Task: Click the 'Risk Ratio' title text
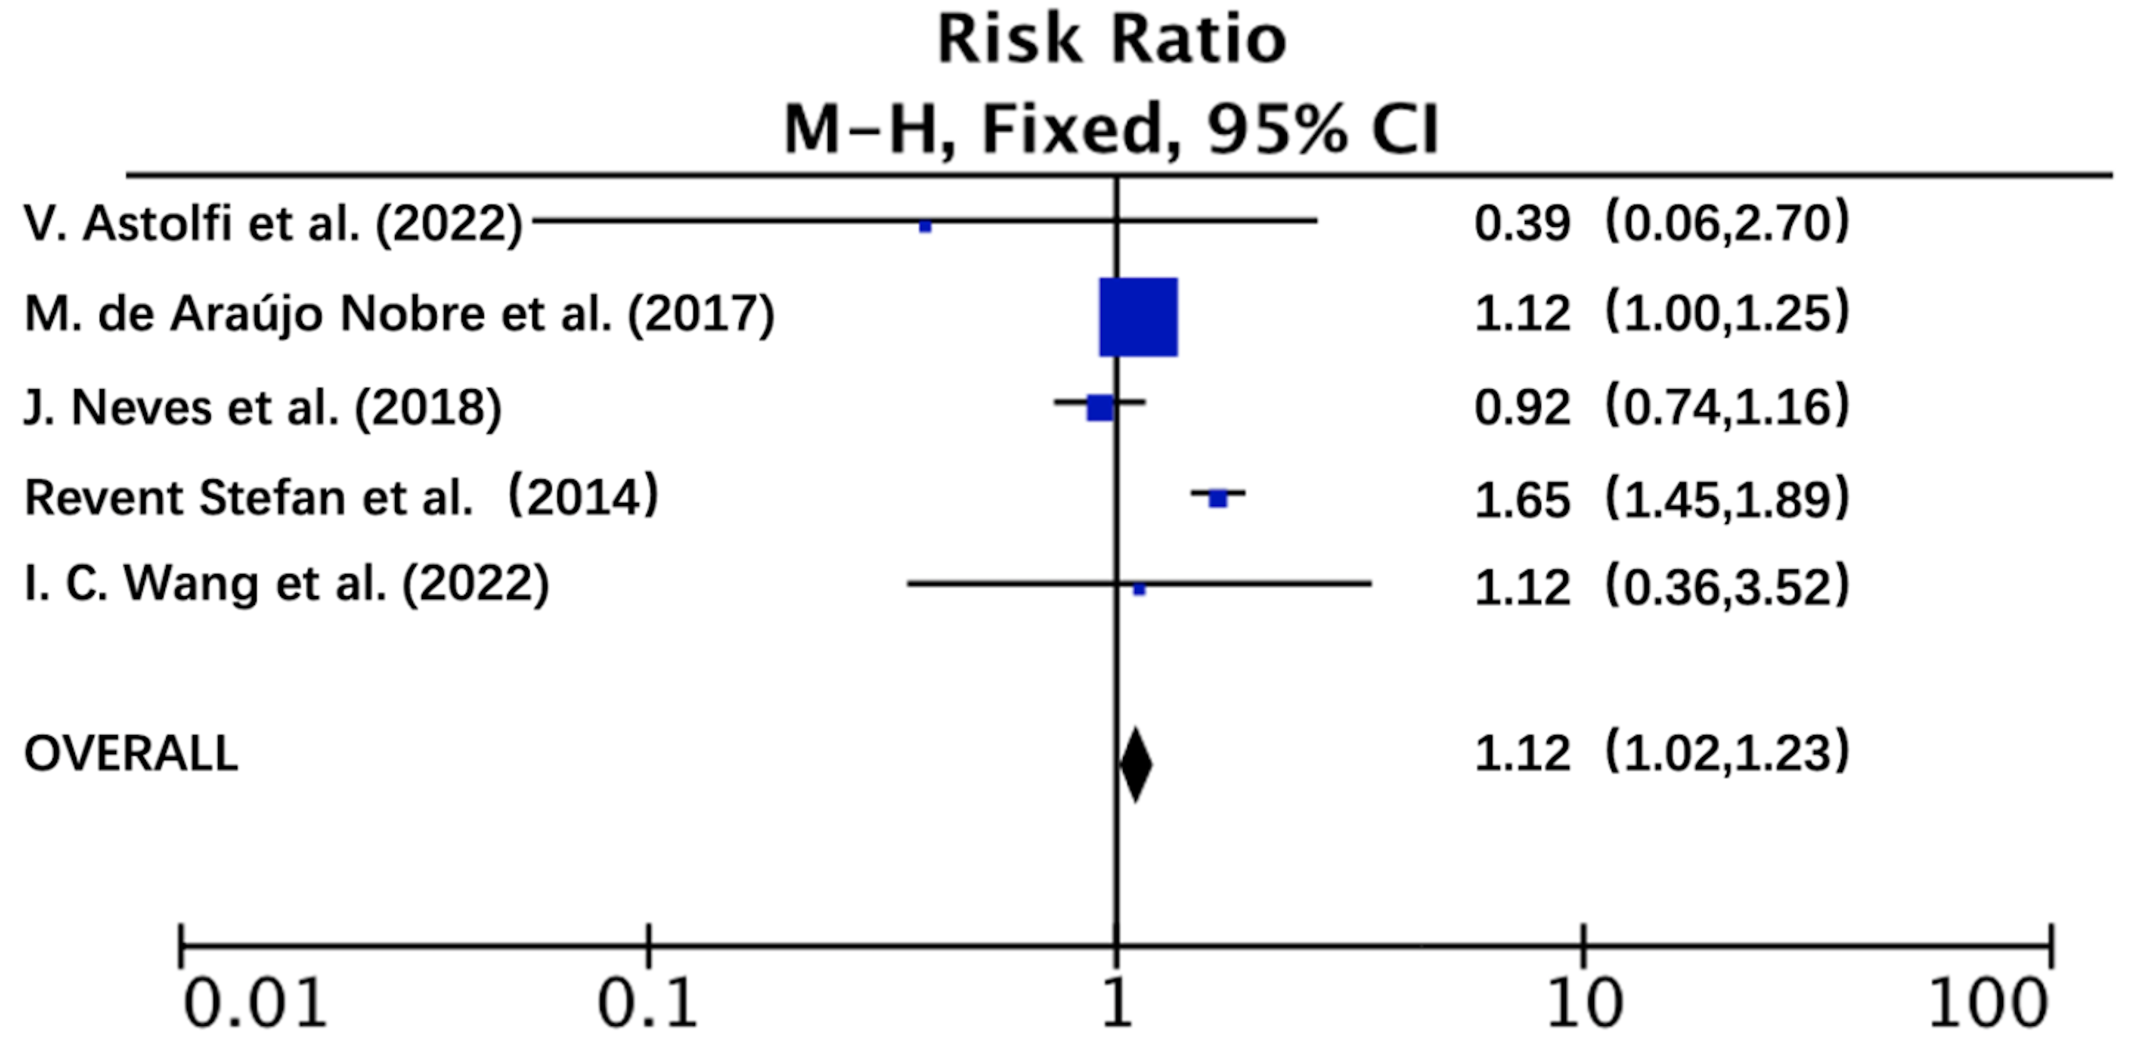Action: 1112,40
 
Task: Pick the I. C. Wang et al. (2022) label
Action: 286,585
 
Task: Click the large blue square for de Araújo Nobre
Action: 1138,317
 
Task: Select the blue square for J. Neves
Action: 1100,407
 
